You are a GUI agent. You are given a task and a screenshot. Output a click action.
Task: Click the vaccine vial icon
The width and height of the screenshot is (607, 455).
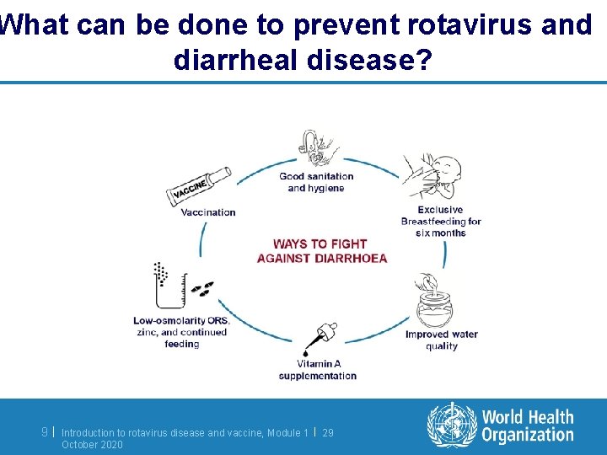[198, 185]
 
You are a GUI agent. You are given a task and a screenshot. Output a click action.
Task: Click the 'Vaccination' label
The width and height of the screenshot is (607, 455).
[208, 212]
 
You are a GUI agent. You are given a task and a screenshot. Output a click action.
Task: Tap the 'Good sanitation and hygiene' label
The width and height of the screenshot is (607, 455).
[316, 182]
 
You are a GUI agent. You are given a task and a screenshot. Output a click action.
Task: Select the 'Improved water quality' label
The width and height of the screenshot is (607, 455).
[441, 340]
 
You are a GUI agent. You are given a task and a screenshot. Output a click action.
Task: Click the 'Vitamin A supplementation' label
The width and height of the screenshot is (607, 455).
[317, 370]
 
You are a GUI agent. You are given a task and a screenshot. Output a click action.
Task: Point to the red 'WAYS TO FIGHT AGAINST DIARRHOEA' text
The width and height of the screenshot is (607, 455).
[321, 251]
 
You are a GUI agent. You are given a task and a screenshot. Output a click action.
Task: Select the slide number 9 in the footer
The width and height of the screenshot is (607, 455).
[45, 432]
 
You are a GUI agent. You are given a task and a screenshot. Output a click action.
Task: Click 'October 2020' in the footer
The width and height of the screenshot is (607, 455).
[92, 444]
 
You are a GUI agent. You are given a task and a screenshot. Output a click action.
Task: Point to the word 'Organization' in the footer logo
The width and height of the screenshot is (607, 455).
[528, 435]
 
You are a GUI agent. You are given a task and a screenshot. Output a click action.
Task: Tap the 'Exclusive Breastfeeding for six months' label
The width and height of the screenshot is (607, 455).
[440, 222]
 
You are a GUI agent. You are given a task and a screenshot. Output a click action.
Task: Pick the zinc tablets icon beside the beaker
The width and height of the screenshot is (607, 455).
[202, 289]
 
